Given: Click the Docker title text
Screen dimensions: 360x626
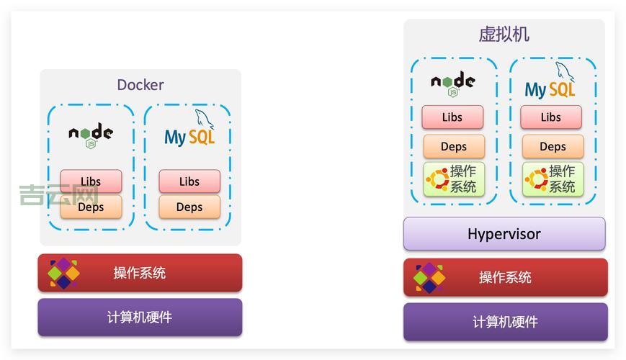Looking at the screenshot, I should pyautogui.click(x=140, y=85).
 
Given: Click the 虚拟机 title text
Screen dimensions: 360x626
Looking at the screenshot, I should pyautogui.click(x=504, y=34).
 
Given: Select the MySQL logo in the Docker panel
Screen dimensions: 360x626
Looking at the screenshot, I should pyautogui.click(x=189, y=132).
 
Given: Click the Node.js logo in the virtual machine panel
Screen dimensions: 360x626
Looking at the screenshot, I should pyautogui.click(x=452, y=83).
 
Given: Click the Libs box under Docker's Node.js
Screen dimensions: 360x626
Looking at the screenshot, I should pyautogui.click(x=91, y=181).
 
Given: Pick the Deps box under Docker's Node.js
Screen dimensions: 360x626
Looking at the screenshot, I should pyautogui.click(x=91, y=207).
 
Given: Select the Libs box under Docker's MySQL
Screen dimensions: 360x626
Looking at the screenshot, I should pyautogui.click(x=189, y=181).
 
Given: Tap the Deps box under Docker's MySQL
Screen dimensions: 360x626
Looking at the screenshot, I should pyautogui.click(x=189, y=207).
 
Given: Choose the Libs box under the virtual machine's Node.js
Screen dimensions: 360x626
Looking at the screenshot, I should pyautogui.click(x=452, y=117).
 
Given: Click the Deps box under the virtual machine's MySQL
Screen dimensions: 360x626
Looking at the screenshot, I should pyautogui.click(x=553, y=147).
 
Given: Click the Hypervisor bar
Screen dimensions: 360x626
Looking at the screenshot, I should pyautogui.click(x=504, y=234).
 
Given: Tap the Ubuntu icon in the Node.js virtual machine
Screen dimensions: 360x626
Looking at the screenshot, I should pyautogui.click(x=437, y=179).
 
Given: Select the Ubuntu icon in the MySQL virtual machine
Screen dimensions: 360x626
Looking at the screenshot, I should pyautogui.click(x=536, y=179).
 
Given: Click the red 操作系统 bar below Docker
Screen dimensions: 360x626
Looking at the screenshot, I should pyautogui.click(x=140, y=273).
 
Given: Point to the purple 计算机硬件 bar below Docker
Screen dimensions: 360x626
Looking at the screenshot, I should pyautogui.click(x=140, y=318).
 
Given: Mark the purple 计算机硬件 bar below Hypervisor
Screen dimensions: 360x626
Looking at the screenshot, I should pyautogui.click(x=505, y=322).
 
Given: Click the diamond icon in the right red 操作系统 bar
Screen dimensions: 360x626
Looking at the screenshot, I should pyautogui.click(x=429, y=277).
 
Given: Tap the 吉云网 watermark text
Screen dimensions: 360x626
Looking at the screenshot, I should pyautogui.click(x=58, y=195).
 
